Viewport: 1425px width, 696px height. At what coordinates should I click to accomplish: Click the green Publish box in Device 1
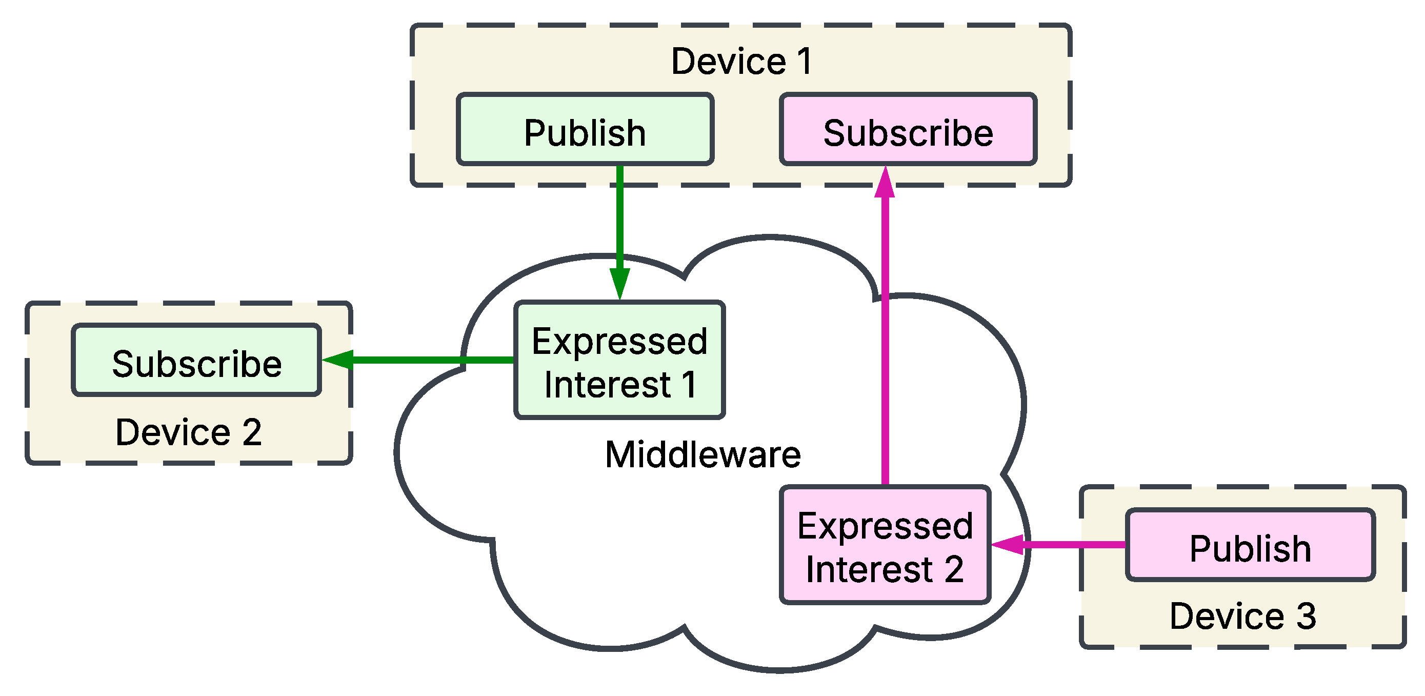click(585, 129)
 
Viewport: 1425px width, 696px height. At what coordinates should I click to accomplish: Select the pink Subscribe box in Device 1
click(908, 129)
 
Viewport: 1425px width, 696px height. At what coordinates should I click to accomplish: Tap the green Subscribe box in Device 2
click(196, 360)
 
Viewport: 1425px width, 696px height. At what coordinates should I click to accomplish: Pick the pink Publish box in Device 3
click(1250, 545)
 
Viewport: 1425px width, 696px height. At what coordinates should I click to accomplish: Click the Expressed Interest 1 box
click(619, 360)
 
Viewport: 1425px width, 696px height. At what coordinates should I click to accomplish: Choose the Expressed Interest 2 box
click(885, 545)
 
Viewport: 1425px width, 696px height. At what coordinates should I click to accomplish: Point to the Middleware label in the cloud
click(703, 455)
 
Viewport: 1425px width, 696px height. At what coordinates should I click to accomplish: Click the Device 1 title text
click(741, 61)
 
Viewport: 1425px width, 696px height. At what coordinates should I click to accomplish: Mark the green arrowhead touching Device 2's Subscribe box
click(337, 360)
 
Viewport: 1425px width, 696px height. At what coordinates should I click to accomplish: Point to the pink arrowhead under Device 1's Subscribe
click(885, 183)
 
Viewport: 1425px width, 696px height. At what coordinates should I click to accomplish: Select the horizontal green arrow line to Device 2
click(431, 360)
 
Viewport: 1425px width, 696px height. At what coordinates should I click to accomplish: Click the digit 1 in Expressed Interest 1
click(689, 385)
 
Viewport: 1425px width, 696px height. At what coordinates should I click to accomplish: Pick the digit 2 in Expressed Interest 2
click(954, 569)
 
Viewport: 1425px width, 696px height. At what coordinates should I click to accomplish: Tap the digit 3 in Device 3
click(1307, 616)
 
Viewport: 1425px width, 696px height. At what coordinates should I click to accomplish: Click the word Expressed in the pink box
click(885, 526)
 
